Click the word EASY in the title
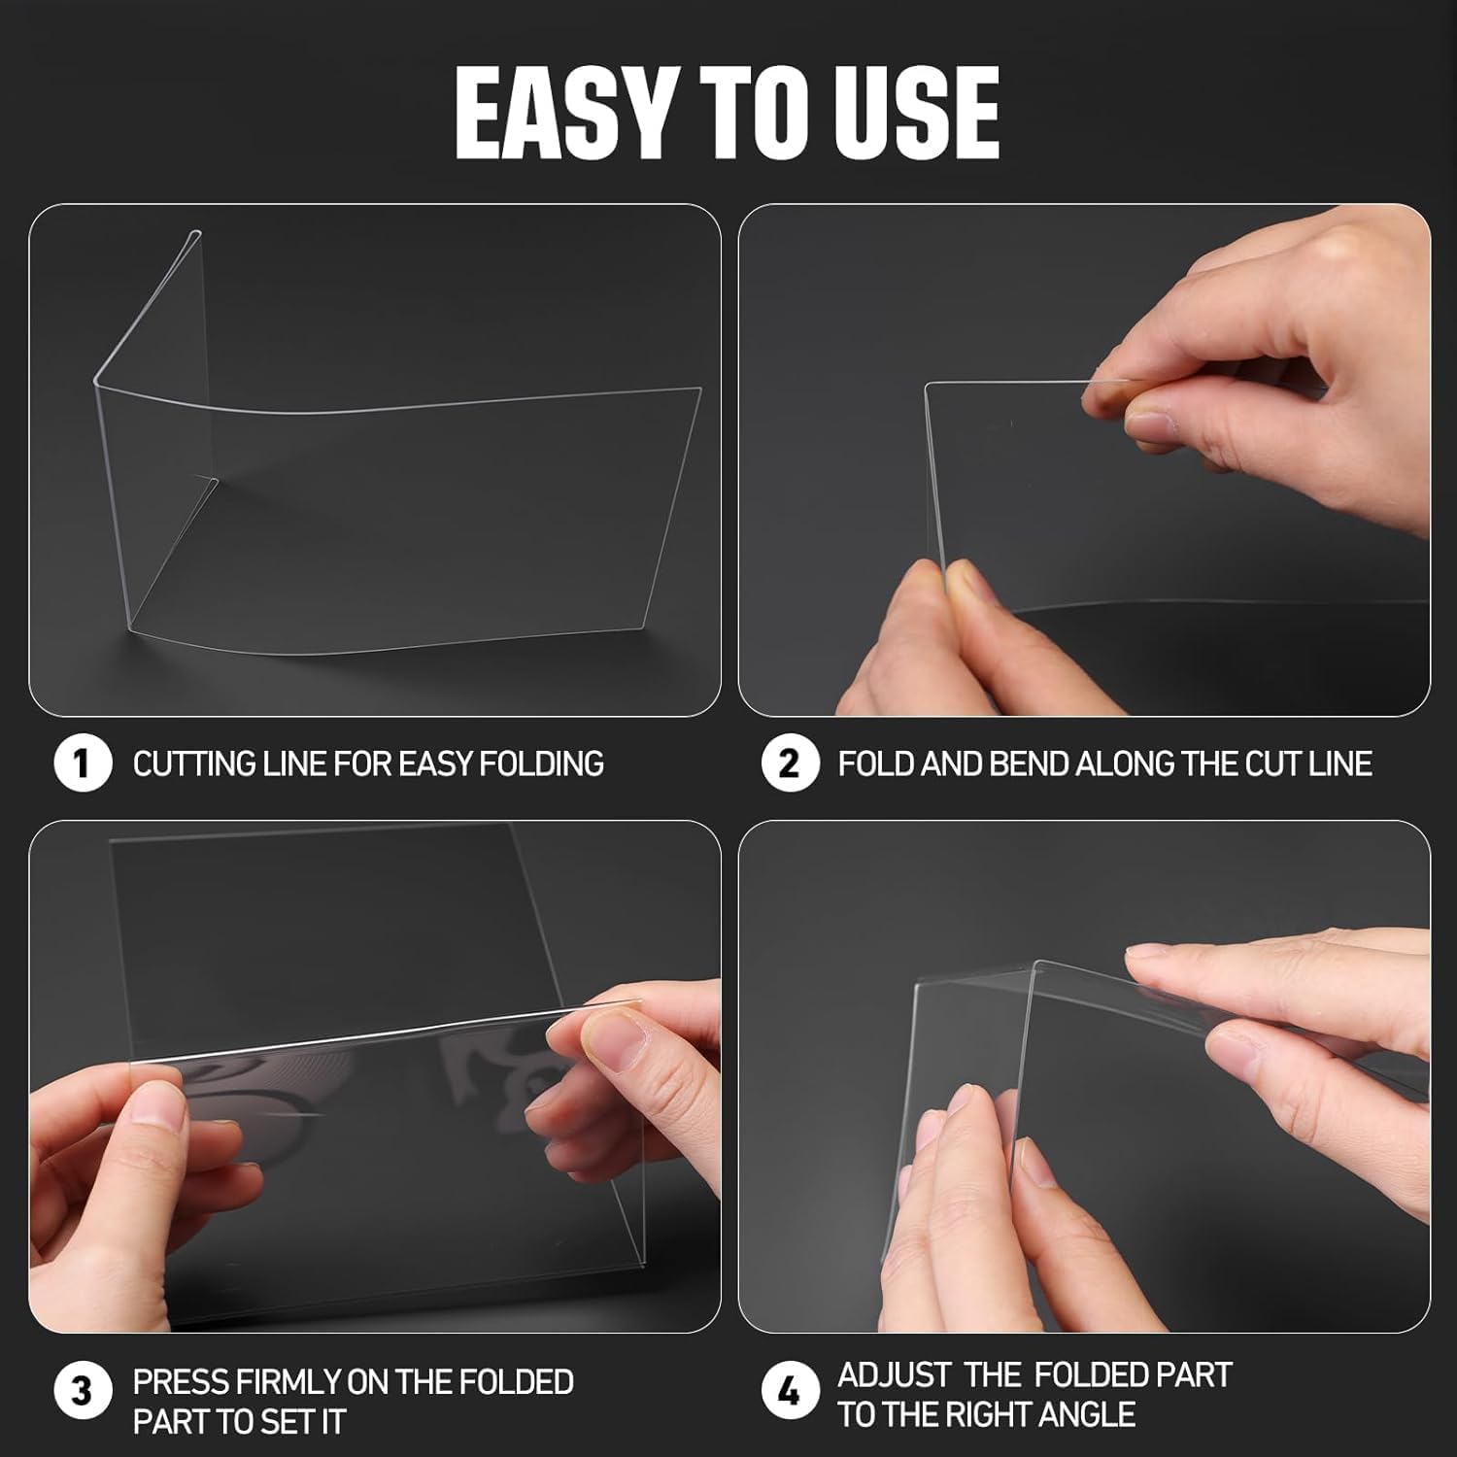coord(562,114)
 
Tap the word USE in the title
coord(909,114)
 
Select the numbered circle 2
coord(789,763)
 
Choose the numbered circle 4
coord(789,1392)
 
